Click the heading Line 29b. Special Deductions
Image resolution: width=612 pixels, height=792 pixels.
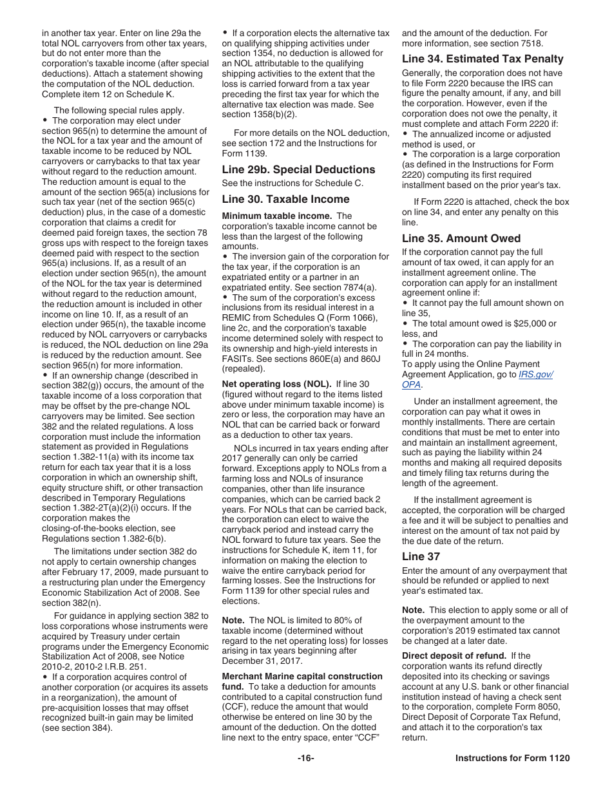click(298, 169)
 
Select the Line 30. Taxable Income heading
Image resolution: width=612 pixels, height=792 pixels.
click(285, 199)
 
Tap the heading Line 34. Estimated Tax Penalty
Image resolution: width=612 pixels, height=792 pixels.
click(483, 59)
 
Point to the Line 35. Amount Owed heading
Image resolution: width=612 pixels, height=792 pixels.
click(461, 238)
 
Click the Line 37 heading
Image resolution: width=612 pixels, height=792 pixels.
click(421, 556)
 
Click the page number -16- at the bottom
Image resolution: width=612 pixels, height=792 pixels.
click(305, 758)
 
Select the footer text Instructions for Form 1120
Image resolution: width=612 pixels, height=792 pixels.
click(512, 758)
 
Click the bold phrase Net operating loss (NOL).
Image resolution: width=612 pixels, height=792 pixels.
click(276, 384)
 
